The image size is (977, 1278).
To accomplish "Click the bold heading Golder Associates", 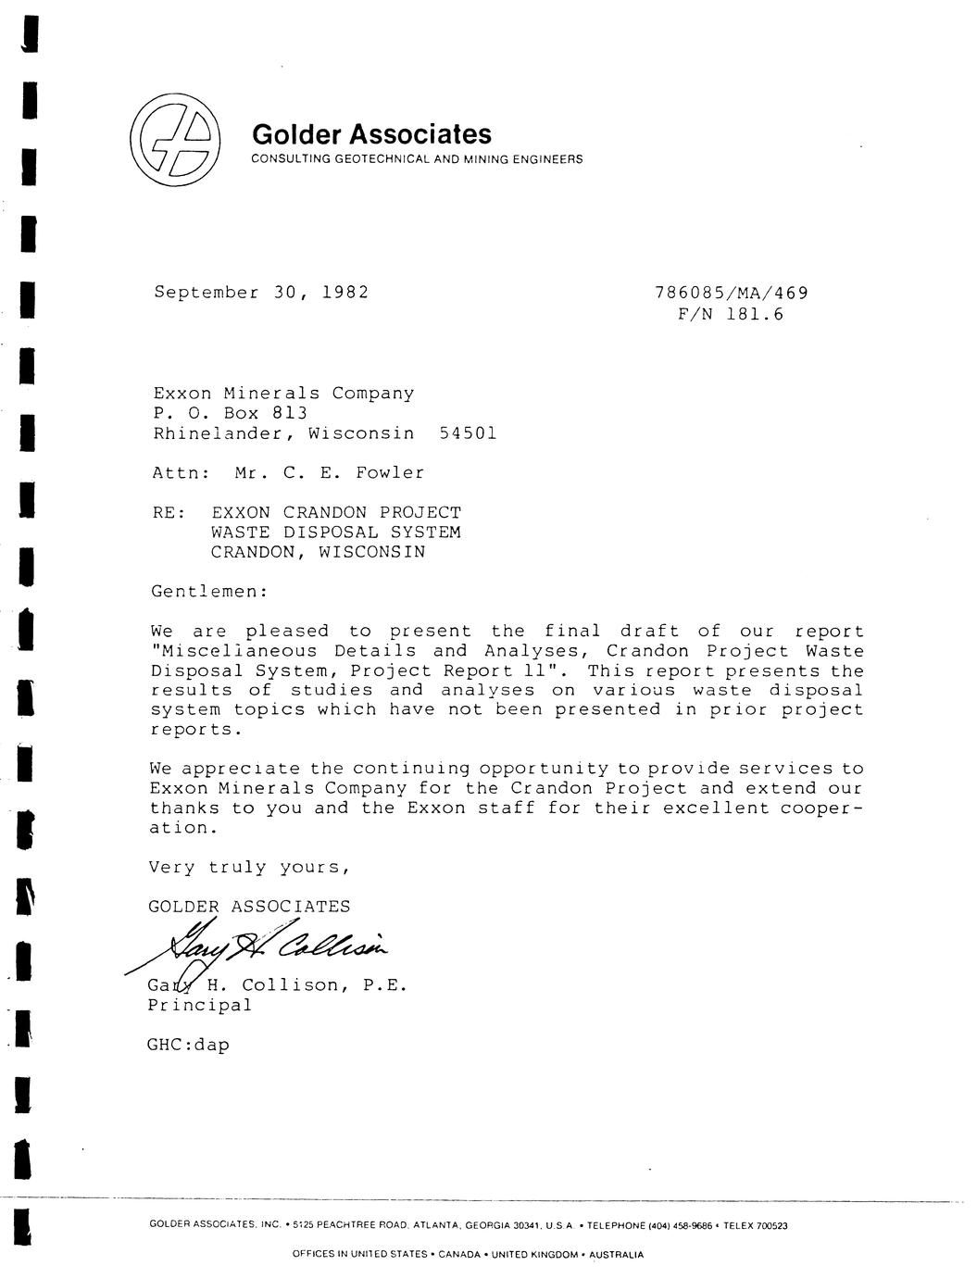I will click(x=371, y=135).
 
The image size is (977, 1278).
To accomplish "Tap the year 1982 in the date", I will click(x=345, y=293).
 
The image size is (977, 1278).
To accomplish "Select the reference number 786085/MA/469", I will click(x=731, y=294).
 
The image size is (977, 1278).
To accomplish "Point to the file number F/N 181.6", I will click(x=731, y=314).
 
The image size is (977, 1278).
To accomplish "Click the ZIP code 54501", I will click(x=468, y=432).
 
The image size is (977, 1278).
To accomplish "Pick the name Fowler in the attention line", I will click(x=390, y=472).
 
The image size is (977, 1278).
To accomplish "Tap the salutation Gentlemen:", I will click(x=208, y=590).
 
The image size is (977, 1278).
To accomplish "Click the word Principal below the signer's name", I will click(x=199, y=1005).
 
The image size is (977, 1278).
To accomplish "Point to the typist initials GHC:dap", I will click(x=188, y=1045).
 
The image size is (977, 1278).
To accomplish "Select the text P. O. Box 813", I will click(x=230, y=413).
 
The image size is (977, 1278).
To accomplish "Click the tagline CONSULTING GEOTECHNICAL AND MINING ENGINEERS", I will click(x=418, y=159).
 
